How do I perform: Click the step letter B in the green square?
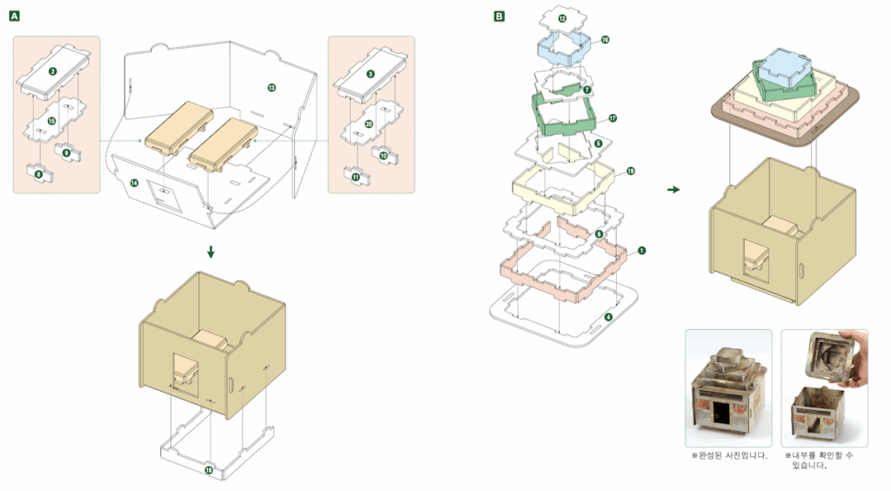499,17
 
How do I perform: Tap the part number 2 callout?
53,73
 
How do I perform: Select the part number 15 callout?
52,121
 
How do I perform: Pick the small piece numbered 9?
67,152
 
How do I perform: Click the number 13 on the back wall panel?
271,88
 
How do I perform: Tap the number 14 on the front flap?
134,182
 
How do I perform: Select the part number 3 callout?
371,74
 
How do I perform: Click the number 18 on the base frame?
209,470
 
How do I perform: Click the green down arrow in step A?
210,252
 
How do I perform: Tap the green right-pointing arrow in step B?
673,189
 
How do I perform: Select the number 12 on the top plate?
563,17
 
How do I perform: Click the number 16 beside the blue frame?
605,40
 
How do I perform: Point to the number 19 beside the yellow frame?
631,172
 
